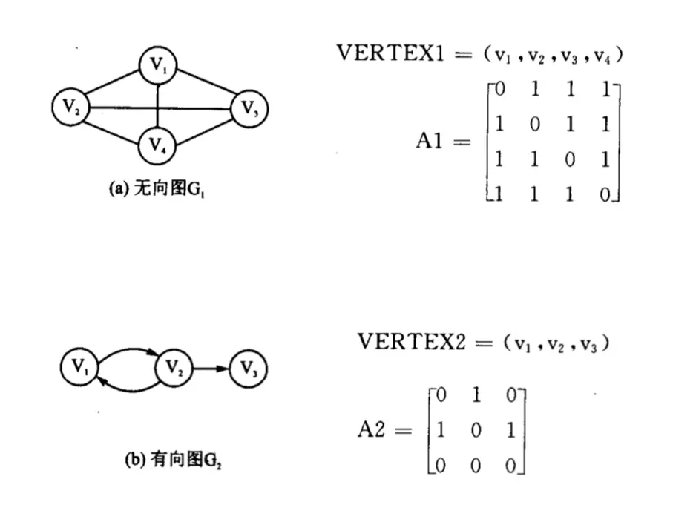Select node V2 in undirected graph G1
click(x=71, y=107)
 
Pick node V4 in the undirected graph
click(x=158, y=144)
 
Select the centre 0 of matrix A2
click(x=476, y=430)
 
